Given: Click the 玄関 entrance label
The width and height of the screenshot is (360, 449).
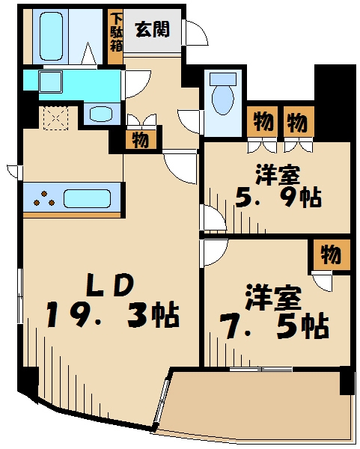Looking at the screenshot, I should tap(153, 30).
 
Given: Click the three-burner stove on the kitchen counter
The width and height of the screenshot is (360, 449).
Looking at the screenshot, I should tap(44, 198).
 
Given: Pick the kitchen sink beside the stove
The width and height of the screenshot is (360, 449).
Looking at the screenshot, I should tap(88, 198).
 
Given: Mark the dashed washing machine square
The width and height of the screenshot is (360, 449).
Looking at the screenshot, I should tap(55, 117).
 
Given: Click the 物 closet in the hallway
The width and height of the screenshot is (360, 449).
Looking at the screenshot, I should tap(140, 138).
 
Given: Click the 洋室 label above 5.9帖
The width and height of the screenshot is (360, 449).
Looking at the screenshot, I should tap(278, 174).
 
